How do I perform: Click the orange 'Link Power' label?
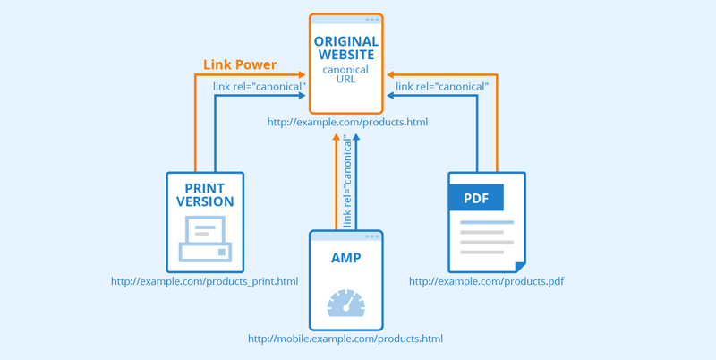[x=240, y=65]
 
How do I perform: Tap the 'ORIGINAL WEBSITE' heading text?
[x=346, y=49]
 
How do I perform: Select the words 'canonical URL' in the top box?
[x=346, y=73]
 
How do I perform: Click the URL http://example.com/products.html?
[x=347, y=121]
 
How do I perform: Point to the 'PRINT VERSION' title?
[x=205, y=195]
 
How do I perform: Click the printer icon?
[x=205, y=239]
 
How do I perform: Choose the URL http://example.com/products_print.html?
[x=204, y=281]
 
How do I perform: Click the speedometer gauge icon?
[x=346, y=302]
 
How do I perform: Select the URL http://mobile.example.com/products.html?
[x=345, y=339]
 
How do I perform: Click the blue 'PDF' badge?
[x=476, y=198]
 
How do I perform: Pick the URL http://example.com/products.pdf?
[x=486, y=281]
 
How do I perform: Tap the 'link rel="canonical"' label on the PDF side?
[x=442, y=86]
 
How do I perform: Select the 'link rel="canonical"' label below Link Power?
[x=260, y=86]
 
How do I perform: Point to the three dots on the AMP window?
[x=371, y=236]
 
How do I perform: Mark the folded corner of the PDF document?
[x=519, y=266]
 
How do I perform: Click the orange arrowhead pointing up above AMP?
[x=337, y=138]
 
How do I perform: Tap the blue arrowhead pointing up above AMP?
[x=356, y=138]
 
